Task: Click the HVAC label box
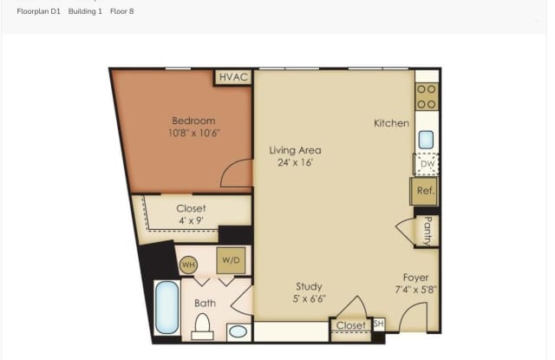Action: pyautogui.click(x=233, y=77)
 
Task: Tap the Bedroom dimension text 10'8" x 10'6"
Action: pyautogui.click(x=194, y=133)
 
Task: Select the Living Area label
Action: pyautogui.click(x=295, y=150)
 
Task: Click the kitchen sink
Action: pyautogui.click(x=426, y=140)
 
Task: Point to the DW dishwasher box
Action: pyautogui.click(x=427, y=164)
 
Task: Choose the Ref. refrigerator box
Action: pyautogui.click(x=424, y=191)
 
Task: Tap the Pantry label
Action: pyautogui.click(x=428, y=231)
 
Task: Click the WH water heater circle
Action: pyautogui.click(x=188, y=265)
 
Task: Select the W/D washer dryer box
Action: pyautogui.click(x=231, y=260)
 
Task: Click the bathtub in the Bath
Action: pyautogui.click(x=166, y=307)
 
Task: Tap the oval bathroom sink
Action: pyautogui.click(x=238, y=331)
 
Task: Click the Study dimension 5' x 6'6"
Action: pyautogui.click(x=309, y=298)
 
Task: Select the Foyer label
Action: pyautogui.click(x=416, y=278)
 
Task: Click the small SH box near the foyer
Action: pyautogui.click(x=379, y=324)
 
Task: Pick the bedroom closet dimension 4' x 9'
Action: pyautogui.click(x=191, y=220)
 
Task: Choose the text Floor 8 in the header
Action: pyautogui.click(x=121, y=11)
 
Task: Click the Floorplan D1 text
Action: pyautogui.click(x=38, y=11)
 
